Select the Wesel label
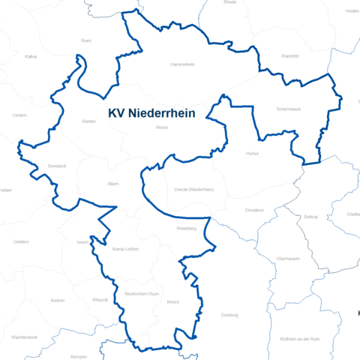[161, 127]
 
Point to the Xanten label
[89, 120]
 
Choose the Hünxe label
[251, 152]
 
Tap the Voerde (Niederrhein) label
[193, 190]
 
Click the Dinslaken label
[255, 210]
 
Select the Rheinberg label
[186, 228]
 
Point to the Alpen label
[113, 183]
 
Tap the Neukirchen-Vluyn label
[142, 294]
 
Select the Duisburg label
[229, 315]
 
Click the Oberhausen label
[288, 258]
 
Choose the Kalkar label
[31, 56]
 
